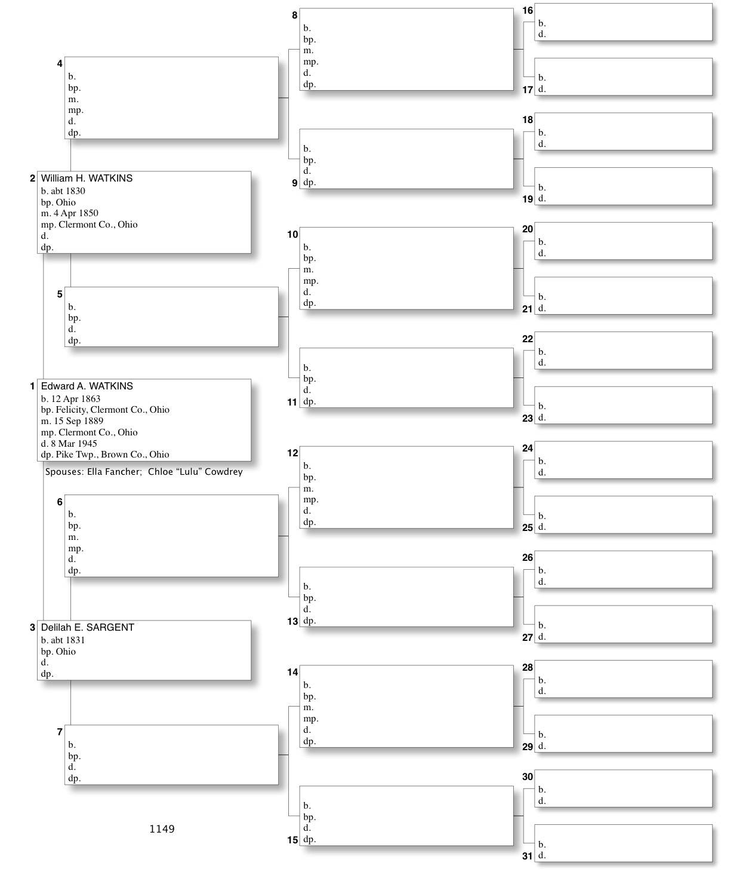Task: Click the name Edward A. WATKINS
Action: (87, 386)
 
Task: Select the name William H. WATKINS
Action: (87, 179)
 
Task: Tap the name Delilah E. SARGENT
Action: (88, 628)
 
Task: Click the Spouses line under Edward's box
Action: (144, 472)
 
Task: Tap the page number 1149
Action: (162, 829)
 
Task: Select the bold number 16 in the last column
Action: (528, 11)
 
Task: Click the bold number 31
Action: (528, 856)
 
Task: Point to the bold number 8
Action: (294, 16)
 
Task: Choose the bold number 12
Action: (292, 453)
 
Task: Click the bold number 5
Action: (60, 294)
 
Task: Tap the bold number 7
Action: (60, 732)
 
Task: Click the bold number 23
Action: (528, 418)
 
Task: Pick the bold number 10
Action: (292, 235)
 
